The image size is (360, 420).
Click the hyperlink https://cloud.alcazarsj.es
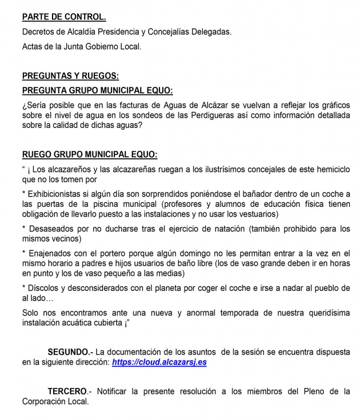(x=159, y=362)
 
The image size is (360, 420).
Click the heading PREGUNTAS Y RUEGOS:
(x=70, y=75)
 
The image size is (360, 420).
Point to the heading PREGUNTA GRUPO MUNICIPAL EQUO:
(x=97, y=90)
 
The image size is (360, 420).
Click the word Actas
(x=33, y=46)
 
